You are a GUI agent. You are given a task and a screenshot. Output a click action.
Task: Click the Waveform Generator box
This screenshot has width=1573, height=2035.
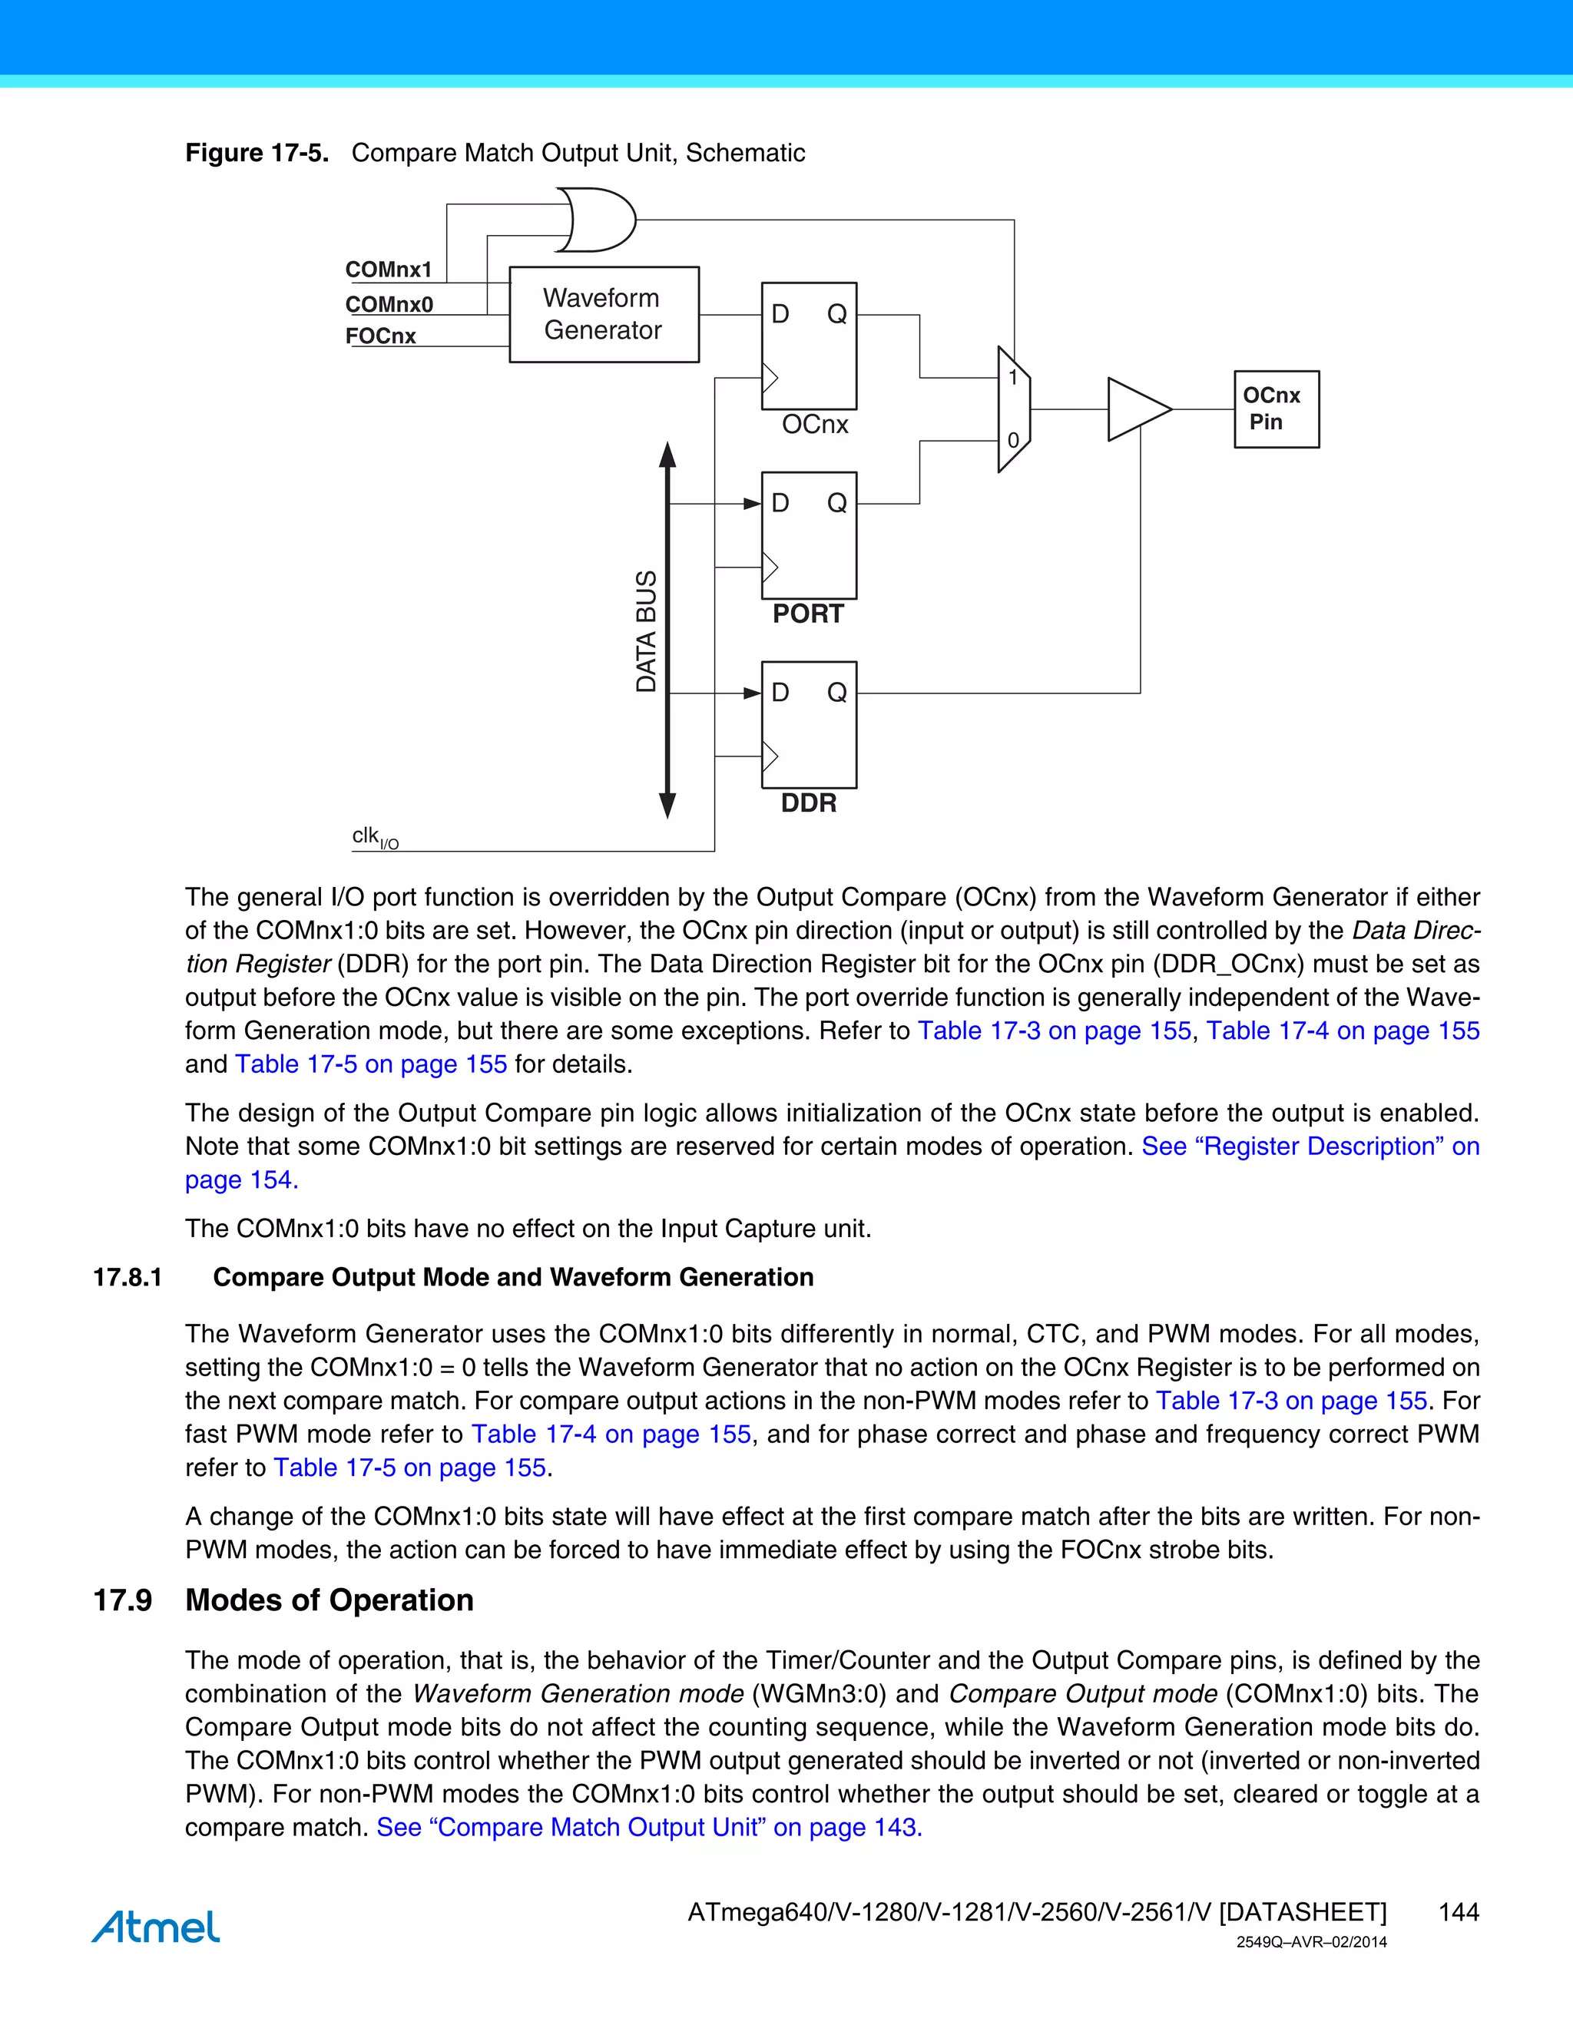(603, 314)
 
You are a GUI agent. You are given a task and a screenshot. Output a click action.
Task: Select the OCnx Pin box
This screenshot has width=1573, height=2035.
(1276, 409)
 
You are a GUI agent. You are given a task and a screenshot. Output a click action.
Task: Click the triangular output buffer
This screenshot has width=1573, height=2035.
(1135, 409)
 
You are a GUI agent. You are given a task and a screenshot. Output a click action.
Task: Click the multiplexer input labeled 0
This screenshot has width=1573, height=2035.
(1012, 441)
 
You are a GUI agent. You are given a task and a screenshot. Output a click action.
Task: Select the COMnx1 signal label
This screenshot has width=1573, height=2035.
(389, 270)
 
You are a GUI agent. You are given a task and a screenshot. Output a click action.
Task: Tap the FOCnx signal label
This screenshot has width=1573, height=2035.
(380, 336)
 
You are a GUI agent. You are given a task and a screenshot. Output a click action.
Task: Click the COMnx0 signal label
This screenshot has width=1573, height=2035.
(389, 305)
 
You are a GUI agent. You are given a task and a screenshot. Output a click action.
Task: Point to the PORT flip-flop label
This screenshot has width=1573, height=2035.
(807, 614)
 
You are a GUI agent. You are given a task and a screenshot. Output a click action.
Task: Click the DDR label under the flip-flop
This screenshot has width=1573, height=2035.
(808, 803)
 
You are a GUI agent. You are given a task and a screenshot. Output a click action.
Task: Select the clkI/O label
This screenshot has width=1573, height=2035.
(375, 837)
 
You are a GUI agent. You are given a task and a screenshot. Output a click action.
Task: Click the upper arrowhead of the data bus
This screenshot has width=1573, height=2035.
(667, 455)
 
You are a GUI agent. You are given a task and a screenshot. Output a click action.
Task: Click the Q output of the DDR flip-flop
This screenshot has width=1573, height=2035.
(837, 693)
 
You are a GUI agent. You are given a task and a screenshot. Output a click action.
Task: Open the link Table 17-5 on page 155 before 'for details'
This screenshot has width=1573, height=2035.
(371, 1064)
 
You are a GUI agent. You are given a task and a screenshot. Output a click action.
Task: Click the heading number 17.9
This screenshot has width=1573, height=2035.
(122, 1600)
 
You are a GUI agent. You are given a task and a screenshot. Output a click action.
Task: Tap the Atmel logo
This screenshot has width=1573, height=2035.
(156, 1926)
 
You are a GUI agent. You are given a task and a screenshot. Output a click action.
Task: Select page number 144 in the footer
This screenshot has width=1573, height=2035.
(1459, 1912)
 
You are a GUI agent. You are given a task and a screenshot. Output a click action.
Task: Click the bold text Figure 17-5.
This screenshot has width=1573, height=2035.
(257, 153)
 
